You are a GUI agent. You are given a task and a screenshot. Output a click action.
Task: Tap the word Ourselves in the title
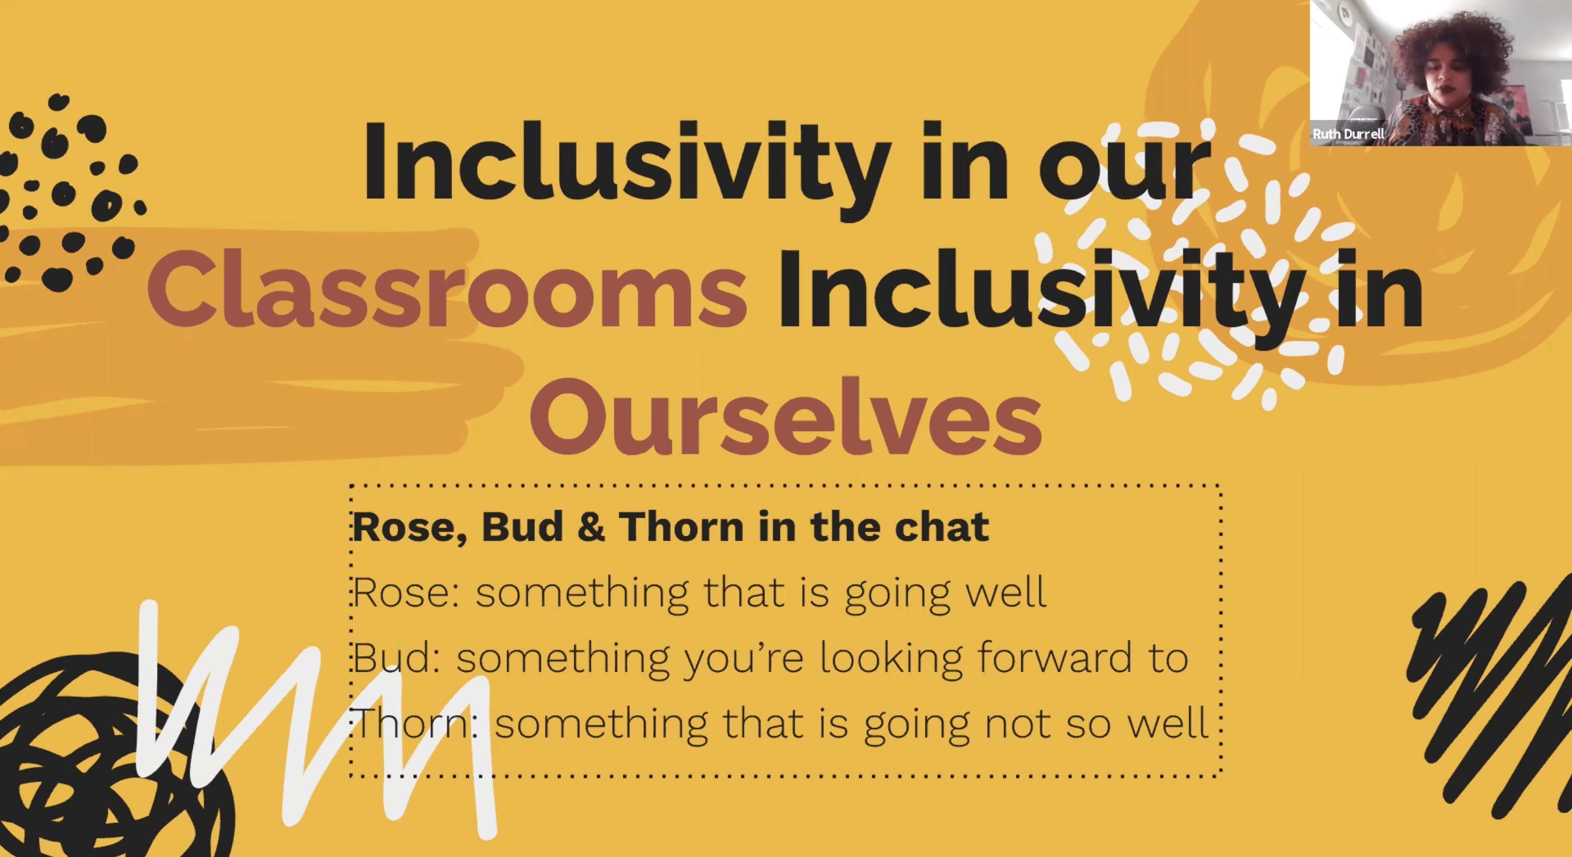[786, 417]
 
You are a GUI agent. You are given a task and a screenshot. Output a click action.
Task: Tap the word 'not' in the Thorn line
[1018, 724]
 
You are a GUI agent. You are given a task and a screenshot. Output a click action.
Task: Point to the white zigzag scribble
[317, 720]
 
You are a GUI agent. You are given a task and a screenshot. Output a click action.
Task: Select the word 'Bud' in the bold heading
[522, 526]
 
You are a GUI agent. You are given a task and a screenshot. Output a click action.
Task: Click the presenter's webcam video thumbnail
[1441, 73]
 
